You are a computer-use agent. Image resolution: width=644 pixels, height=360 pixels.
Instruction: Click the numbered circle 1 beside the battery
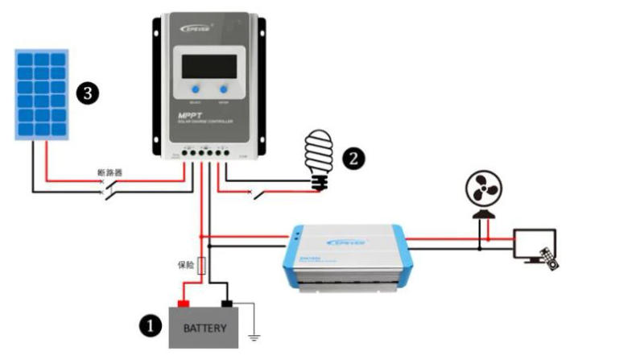coord(147,325)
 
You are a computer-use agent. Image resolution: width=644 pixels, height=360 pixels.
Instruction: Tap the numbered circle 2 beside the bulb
coord(352,157)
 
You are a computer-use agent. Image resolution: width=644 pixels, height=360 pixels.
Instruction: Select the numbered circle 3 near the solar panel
coord(87,93)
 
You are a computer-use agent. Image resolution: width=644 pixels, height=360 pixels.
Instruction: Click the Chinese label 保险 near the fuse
coord(186,263)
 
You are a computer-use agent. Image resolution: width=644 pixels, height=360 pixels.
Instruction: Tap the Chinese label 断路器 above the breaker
coord(109,172)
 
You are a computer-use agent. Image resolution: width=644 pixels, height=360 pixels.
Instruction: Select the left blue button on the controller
coord(193,89)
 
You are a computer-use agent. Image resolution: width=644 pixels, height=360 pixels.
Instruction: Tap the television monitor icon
coord(534,242)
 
